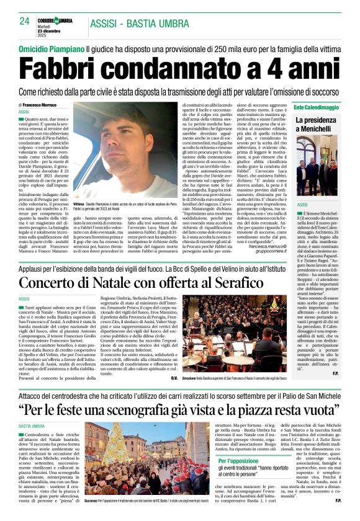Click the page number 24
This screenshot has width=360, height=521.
point(25,20)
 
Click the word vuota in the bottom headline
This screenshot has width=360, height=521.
point(319,410)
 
